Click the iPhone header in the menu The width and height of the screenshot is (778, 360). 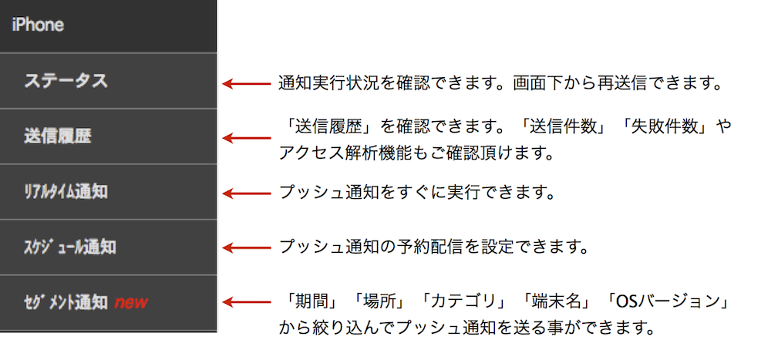pyautogui.click(x=38, y=25)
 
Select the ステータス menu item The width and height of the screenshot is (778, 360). pyautogui.click(x=66, y=80)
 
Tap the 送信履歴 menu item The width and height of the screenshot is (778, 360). pyautogui.click(x=58, y=136)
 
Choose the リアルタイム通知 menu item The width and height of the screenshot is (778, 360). pyautogui.click(x=66, y=191)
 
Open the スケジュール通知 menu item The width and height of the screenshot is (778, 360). pyautogui.click(x=70, y=247)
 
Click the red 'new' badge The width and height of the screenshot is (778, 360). pyautogui.click(x=131, y=302)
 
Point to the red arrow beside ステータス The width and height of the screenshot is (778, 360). pyautogui.click(x=246, y=84)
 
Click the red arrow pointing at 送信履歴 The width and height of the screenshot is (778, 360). pyautogui.click(x=246, y=138)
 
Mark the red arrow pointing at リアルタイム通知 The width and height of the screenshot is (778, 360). pyautogui.click(x=246, y=193)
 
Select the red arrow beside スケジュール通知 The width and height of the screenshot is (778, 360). pyautogui.click(x=246, y=247)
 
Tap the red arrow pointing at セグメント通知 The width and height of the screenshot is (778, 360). pyautogui.click(x=246, y=302)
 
